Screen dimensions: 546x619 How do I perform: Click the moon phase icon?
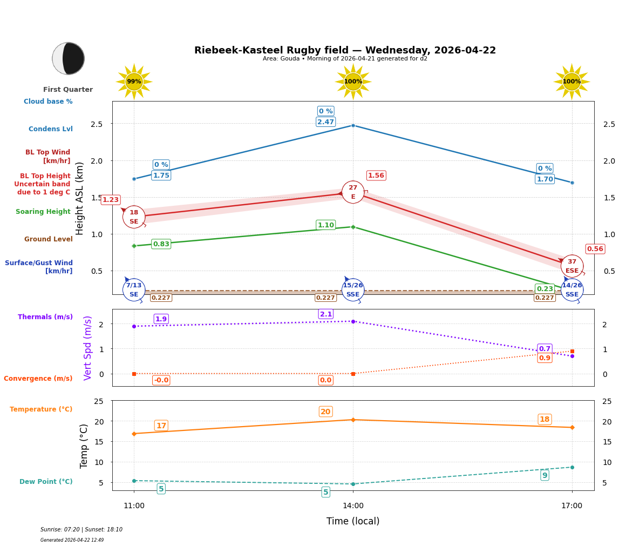click(68, 58)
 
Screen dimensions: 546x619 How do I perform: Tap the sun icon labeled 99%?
click(134, 82)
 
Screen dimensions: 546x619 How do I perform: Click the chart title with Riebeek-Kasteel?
click(345, 50)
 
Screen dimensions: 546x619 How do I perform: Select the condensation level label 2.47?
click(325, 122)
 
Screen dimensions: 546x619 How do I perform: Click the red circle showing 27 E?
click(353, 192)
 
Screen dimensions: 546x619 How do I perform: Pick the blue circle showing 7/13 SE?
click(134, 290)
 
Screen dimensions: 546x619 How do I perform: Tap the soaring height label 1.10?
click(325, 225)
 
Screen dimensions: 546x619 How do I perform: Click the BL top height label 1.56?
click(376, 176)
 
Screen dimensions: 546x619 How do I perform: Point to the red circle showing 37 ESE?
click(572, 266)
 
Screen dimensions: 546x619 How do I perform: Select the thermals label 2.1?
click(325, 314)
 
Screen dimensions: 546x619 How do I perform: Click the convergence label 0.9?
click(545, 358)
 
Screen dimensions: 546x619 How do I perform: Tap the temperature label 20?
click(325, 412)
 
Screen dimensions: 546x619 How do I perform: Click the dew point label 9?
click(545, 475)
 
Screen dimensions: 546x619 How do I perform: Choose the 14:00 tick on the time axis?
click(353, 505)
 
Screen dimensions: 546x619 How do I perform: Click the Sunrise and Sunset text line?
click(81, 530)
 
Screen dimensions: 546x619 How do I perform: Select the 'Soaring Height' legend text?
click(43, 212)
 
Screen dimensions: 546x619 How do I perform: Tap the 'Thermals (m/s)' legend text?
click(45, 317)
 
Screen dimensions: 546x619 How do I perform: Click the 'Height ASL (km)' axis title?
click(80, 198)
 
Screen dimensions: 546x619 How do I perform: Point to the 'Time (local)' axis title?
click(353, 521)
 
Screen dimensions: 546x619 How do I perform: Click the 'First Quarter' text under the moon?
click(68, 90)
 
